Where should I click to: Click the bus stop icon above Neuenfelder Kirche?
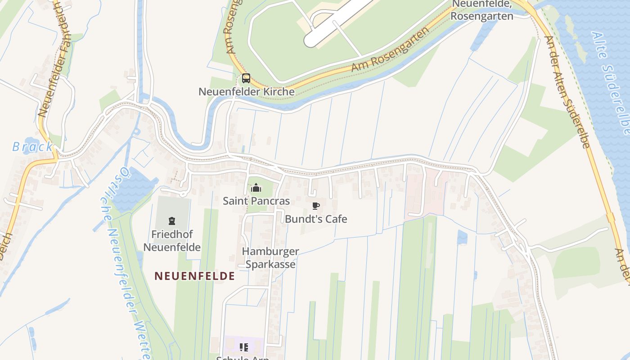pos(246,78)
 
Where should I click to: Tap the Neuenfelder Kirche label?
pos(247,92)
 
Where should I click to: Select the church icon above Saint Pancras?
pos(256,188)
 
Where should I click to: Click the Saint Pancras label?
pos(256,201)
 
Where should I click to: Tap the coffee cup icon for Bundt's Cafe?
pos(316,206)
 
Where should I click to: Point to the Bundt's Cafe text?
pos(316,220)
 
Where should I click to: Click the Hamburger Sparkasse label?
pos(270,258)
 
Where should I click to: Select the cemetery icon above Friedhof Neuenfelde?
pos(171,221)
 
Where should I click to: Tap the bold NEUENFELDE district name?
pos(194,276)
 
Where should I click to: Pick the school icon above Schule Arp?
pos(244,347)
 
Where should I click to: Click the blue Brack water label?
pos(32,147)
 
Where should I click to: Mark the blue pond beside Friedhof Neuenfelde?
pos(133,189)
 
